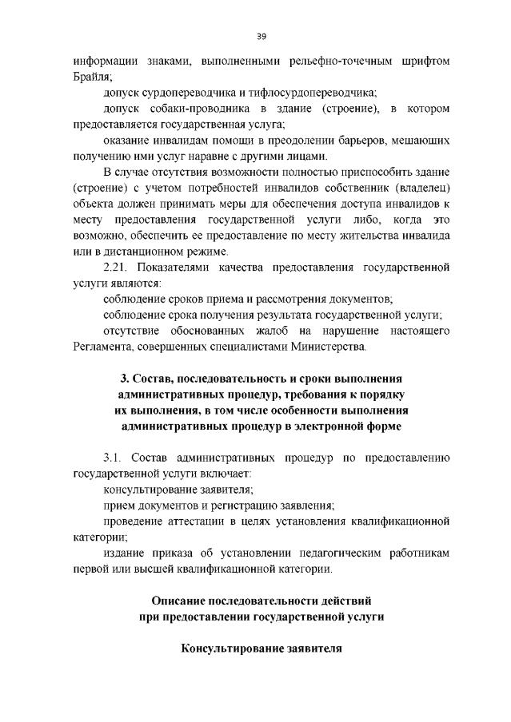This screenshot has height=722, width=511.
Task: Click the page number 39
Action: [261, 36]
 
